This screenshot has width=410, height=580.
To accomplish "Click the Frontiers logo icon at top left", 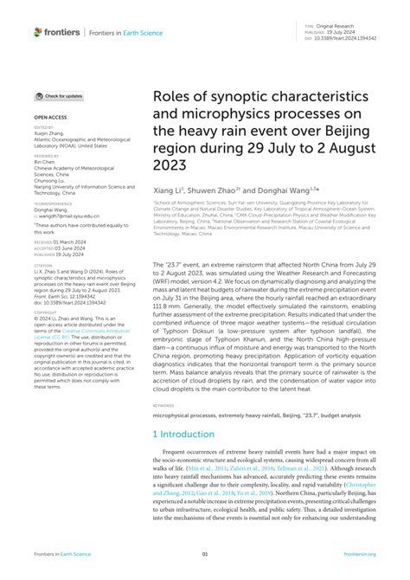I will pos(38,32).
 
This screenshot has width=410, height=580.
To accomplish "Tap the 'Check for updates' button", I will pos(60,96).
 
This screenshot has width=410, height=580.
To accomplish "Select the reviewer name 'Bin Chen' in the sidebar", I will pos(45,161).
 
